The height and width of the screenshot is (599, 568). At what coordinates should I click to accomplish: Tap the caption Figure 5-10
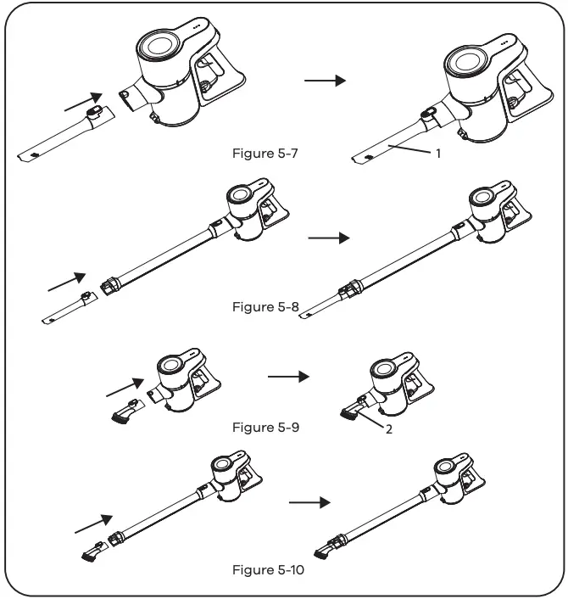click(x=269, y=569)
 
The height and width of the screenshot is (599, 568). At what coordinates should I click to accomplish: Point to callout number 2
click(x=387, y=429)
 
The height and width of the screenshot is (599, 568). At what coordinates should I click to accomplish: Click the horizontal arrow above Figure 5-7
click(x=325, y=80)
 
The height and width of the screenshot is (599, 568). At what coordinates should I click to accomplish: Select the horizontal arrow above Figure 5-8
click(x=328, y=238)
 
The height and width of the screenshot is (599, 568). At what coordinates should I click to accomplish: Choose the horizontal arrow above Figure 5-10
click(x=310, y=502)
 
